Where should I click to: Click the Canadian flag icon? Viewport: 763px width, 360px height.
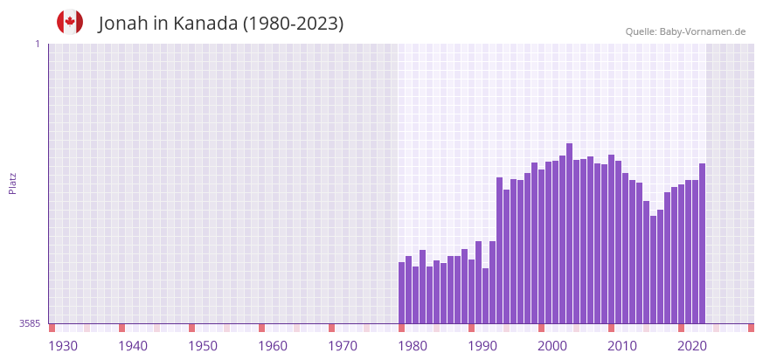pyautogui.click(x=70, y=23)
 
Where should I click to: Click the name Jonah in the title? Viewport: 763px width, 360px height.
pyautogui.click(x=123, y=24)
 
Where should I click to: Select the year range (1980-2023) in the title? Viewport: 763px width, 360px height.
pyautogui.click(x=293, y=24)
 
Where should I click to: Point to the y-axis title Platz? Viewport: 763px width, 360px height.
pyautogui.click(x=12, y=183)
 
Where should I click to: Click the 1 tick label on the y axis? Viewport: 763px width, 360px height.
pyautogui.click(x=37, y=44)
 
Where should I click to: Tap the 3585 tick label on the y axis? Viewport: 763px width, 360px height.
pyautogui.click(x=30, y=323)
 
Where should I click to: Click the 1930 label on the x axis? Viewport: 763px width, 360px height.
pyautogui.click(x=63, y=346)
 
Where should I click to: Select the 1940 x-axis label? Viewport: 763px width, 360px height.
pyautogui.click(x=133, y=346)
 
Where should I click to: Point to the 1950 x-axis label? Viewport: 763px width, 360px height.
pyautogui.click(x=203, y=346)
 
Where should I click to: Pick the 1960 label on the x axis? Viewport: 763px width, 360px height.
pyautogui.click(x=273, y=346)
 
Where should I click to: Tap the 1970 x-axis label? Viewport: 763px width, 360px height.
pyautogui.click(x=343, y=346)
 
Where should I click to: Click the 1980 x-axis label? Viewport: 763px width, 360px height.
pyautogui.click(x=413, y=346)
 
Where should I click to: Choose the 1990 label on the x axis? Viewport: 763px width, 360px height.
pyautogui.click(x=482, y=346)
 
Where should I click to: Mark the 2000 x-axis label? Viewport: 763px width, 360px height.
pyautogui.click(x=552, y=346)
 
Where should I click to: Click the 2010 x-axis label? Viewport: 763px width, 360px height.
pyautogui.click(x=622, y=346)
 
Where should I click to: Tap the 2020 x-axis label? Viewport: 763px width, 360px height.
pyautogui.click(x=692, y=346)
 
